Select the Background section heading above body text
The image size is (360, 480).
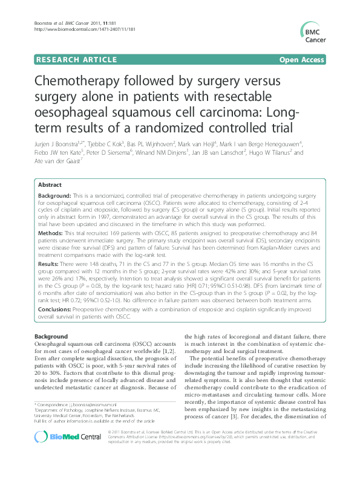pos(51,336)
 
